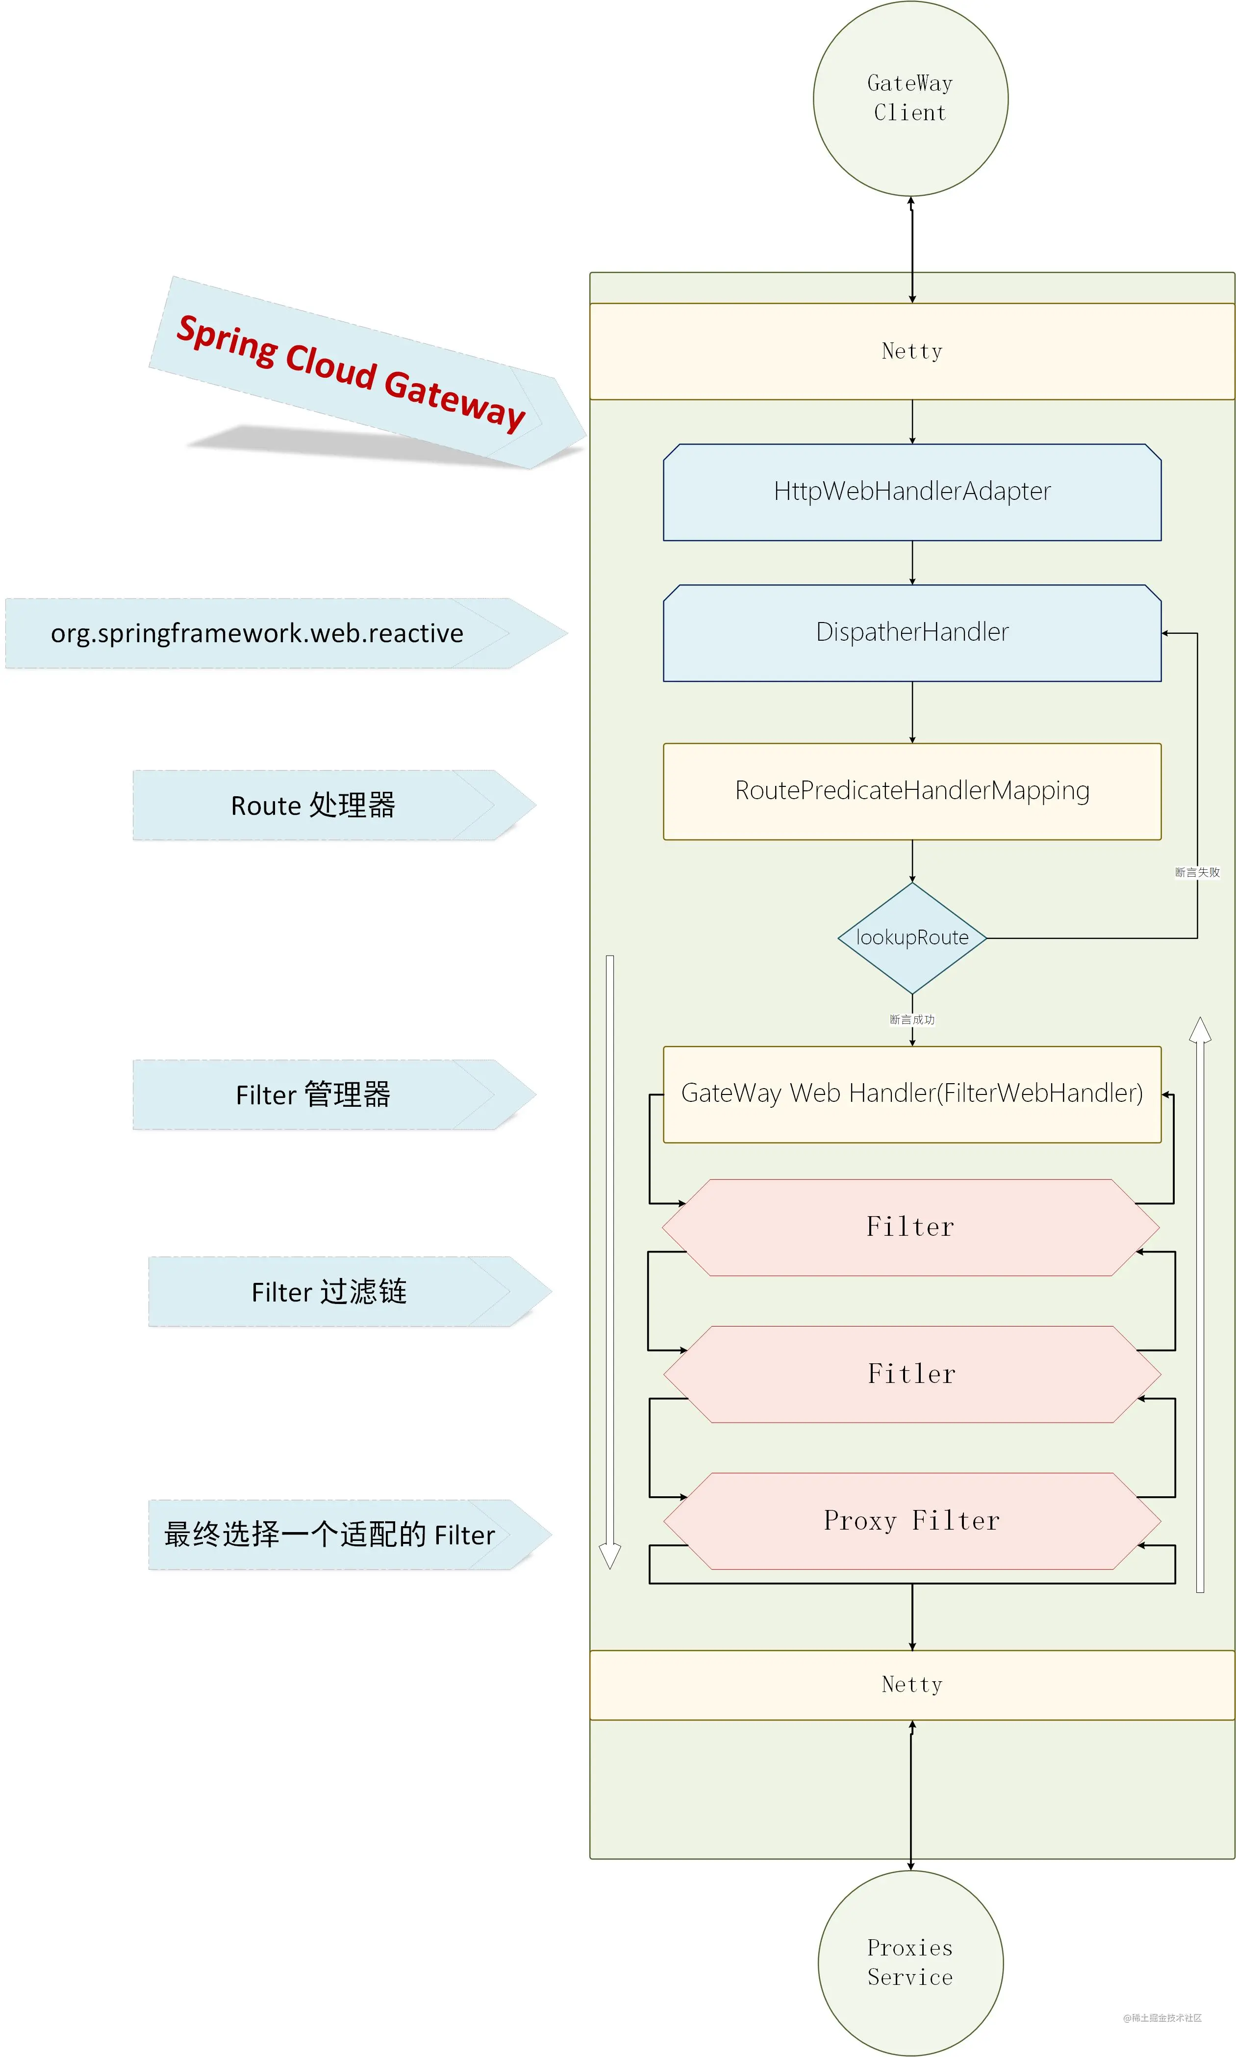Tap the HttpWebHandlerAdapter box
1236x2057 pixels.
[912, 492]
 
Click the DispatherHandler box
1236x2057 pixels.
[912, 632]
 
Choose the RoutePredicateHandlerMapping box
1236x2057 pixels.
[912, 791]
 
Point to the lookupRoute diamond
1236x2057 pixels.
[912, 937]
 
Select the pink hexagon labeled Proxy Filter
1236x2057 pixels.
[912, 1520]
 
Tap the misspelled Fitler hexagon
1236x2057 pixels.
[912, 1374]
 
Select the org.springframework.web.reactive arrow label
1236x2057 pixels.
[286, 633]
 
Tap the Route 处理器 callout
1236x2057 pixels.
[334, 805]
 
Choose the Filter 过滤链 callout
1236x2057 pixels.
[350, 1291]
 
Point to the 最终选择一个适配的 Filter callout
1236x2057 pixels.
[350, 1535]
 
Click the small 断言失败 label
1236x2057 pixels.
[1197, 872]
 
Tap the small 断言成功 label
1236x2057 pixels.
[912, 1020]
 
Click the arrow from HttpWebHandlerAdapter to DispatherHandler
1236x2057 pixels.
[912, 562]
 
